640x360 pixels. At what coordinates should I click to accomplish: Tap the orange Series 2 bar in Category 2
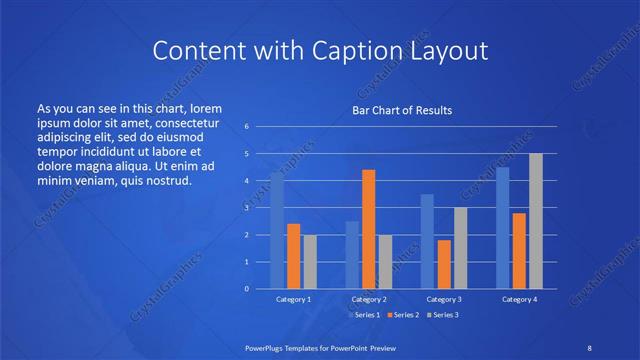(x=368, y=229)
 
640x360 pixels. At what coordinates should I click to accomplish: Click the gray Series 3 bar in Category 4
(x=536, y=221)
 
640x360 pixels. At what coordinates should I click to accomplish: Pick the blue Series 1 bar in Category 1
(x=277, y=230)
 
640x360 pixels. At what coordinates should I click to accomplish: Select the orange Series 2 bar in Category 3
(x=443, y=264)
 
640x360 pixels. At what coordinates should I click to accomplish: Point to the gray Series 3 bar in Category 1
(x=310, y=262)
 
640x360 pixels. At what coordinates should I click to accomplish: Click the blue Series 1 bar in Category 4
(x=503, y=228)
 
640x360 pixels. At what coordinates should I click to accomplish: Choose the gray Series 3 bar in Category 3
(x=460, y=248)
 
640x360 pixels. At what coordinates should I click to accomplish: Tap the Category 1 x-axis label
(x=294, y=299)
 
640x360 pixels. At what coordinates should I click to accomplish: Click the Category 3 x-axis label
(x=444, y=299)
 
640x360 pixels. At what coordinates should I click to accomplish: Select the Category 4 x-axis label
(x=519, y=299)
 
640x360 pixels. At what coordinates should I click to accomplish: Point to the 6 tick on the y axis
(x=246, y=127)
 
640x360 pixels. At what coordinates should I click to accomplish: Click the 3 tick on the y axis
(x=246, y=208)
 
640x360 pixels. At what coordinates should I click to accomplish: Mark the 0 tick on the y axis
(x=246, y=289)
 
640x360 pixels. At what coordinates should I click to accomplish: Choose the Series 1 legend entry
(x=364, y=315)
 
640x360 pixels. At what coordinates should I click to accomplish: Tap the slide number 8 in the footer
(x=587, y=346)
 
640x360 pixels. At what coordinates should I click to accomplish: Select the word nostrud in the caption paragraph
(x=166, y=181)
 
